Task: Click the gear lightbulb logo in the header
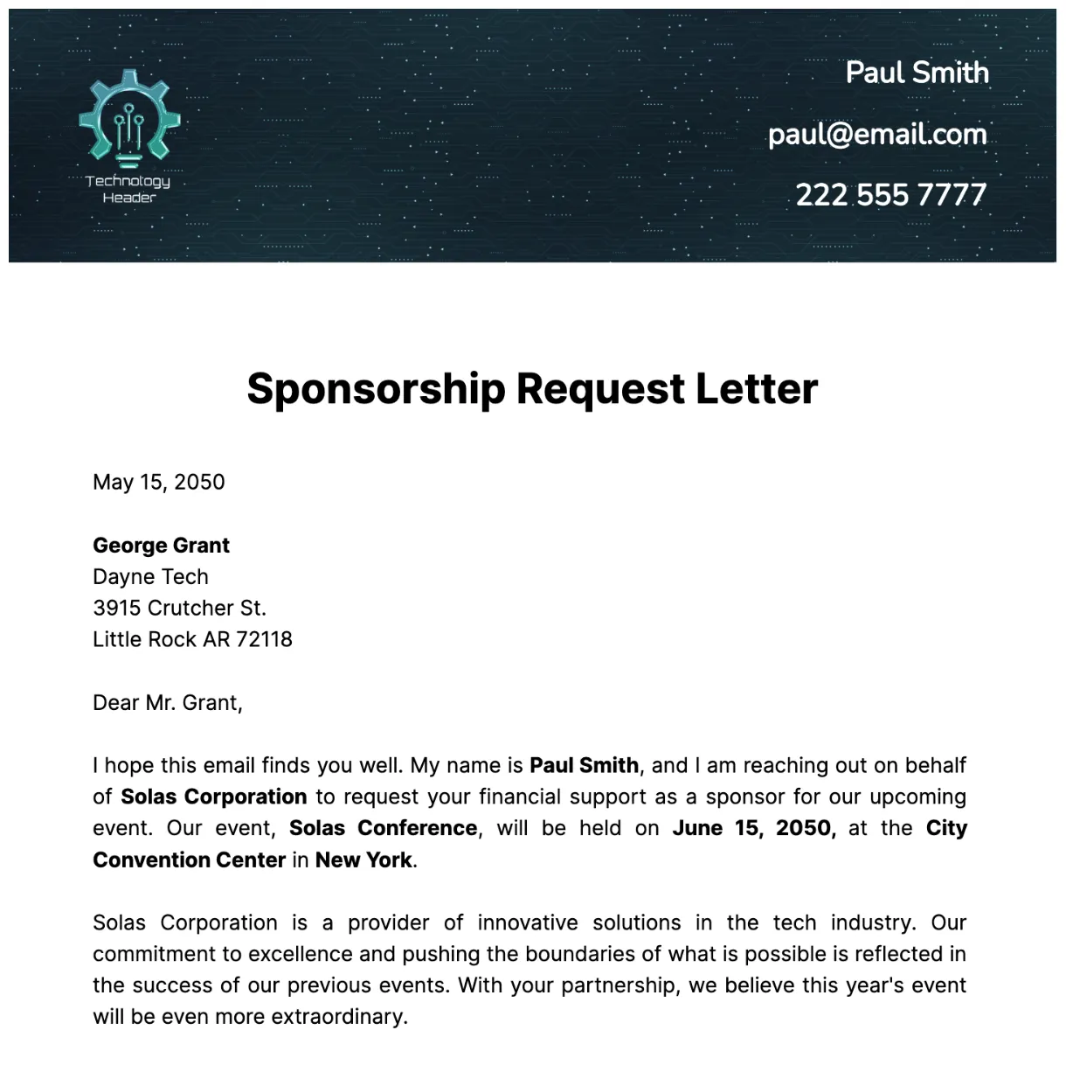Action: (x=128, y=118)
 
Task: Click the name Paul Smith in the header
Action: (x=917, y=72)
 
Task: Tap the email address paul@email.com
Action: (x=877, y=134)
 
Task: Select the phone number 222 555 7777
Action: (x=890, y=194)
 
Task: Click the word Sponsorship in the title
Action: (x=376, y=389)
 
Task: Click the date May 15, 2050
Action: (x=159, y=482)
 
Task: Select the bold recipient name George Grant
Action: (x=161, y=545)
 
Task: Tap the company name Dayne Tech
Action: (x=150, y=576)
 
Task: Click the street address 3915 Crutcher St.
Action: (x=179, y=608)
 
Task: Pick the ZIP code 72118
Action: (x=264, y=639)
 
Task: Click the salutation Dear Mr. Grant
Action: (x=167, y=702)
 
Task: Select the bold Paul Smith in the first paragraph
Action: (x=584, y=765)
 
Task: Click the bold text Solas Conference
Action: (x=383, y=828)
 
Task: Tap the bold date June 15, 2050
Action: (x=753, y=828)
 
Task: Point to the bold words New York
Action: (x=363, y=860)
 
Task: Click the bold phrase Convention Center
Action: (x=189, y=860)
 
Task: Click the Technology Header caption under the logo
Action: (x=128, y=189)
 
